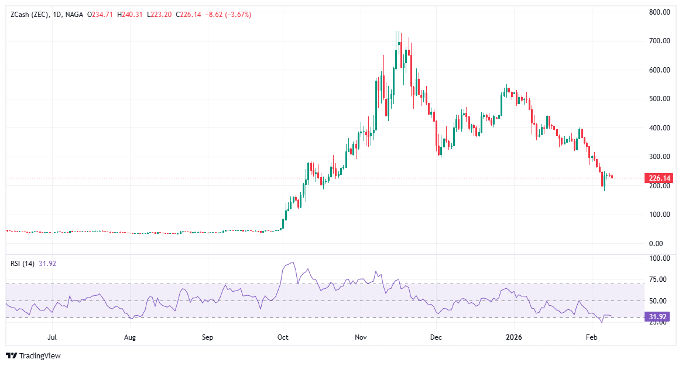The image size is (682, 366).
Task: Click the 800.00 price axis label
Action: [x=659, y=12]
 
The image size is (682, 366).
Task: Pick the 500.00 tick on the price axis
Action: [x=659, y=99]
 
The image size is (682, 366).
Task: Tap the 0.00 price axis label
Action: [x=659, y=243]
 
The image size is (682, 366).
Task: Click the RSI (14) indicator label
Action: [x=23, y=263]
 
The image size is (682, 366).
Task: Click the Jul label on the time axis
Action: [x=52, y=337]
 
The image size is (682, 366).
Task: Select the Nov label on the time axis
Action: [x=361, y=337]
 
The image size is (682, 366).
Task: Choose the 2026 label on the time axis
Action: [x=513, y=337]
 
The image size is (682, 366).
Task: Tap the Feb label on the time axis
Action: [x=591, y=337]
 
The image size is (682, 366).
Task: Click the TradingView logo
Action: [x=34, y=355]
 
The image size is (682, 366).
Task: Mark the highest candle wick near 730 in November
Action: [x=396, y=33]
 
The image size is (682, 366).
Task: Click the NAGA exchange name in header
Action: [x=76, y=15]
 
